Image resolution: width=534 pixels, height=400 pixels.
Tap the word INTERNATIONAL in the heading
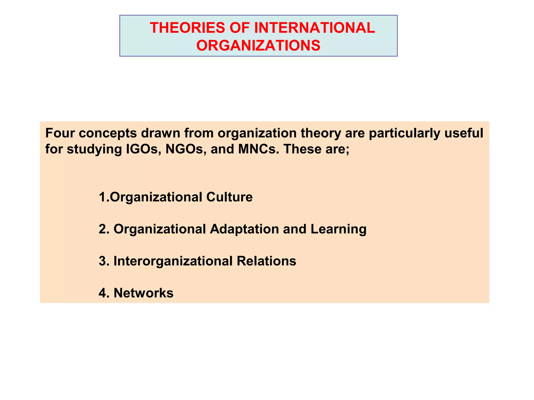(x=314, y=28)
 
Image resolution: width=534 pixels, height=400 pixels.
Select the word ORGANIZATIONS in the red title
(x=258, y=45)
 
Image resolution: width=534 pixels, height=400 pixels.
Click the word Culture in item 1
(x=229, y=197)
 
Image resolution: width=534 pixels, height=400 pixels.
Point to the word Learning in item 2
(x=338, y=229)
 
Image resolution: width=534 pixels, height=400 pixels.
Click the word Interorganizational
(x=173, y=261)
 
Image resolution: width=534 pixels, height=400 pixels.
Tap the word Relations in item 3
(x=266, y=261)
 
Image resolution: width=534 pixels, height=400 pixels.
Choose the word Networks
(x=143, y=293)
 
